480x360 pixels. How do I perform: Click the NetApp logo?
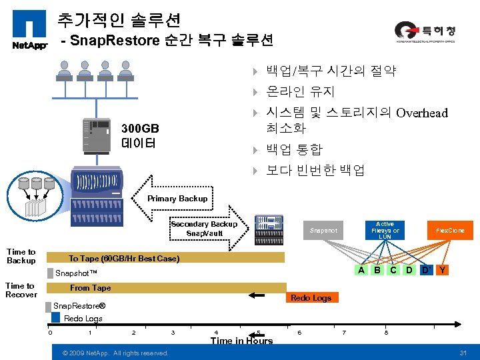[29, 29]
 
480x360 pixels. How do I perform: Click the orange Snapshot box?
[323, 231]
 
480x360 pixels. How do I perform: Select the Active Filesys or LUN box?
[385, 231]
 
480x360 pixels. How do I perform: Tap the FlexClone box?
[450, 231]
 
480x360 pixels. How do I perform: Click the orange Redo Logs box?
[311, 298]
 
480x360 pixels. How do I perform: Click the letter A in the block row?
[361, 270]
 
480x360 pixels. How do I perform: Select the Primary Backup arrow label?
[177, 199]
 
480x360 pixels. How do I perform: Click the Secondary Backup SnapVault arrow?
[203, 228]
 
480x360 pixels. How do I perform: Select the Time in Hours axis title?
[241, 341]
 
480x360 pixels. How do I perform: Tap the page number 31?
[463, 352]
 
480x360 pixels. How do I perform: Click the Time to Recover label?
[21, 290]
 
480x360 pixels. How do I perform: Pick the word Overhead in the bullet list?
[422, 113]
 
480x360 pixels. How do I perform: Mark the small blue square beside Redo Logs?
[56, 317]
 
